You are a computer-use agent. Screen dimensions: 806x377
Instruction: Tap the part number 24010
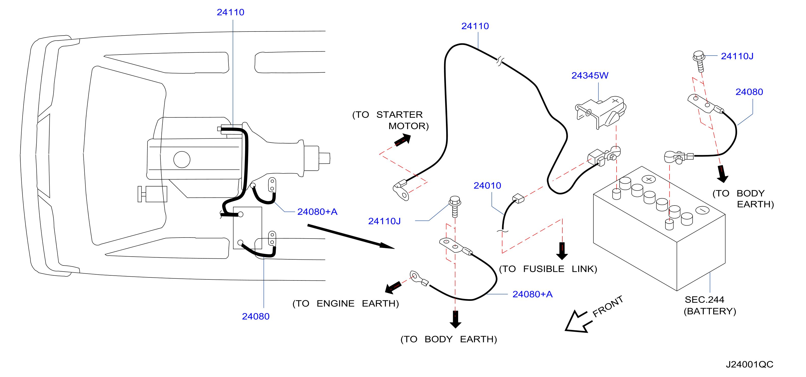(x=487, y=186)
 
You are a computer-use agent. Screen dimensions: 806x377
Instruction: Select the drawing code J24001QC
(x=749, y=364)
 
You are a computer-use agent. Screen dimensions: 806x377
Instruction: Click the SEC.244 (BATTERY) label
(x=710, y=305)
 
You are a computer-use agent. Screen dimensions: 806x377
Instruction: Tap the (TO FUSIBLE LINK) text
(x=548, y=269)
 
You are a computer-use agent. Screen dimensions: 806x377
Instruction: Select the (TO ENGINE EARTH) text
(x=346, y=304)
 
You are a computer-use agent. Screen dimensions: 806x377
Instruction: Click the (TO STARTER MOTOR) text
(x=391, y=120)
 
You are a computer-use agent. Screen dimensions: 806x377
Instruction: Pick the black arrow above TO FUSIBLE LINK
(x=562, y=251)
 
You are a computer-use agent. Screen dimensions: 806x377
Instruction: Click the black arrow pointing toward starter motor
(x=403, y=140)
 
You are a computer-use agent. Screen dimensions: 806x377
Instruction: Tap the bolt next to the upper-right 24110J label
(x=699, y=61)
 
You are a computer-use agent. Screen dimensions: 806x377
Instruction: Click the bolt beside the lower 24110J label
(x=455, y=207)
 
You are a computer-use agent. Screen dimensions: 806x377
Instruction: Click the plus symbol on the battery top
(x=649, y=179)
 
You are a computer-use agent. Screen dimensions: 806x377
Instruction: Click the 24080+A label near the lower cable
(x=532, y=294)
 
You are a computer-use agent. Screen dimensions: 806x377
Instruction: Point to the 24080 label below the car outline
(x=256, y=316)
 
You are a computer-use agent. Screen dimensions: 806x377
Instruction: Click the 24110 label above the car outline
(x=230, y=12)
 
